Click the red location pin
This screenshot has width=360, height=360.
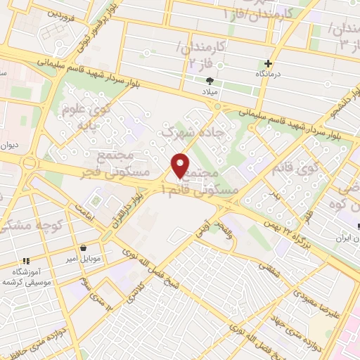click(181, 165)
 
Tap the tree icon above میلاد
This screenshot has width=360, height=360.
click(210, 81)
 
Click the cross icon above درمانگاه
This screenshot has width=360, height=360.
click(267, 63)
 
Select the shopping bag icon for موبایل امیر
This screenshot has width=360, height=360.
click(84, 247)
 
